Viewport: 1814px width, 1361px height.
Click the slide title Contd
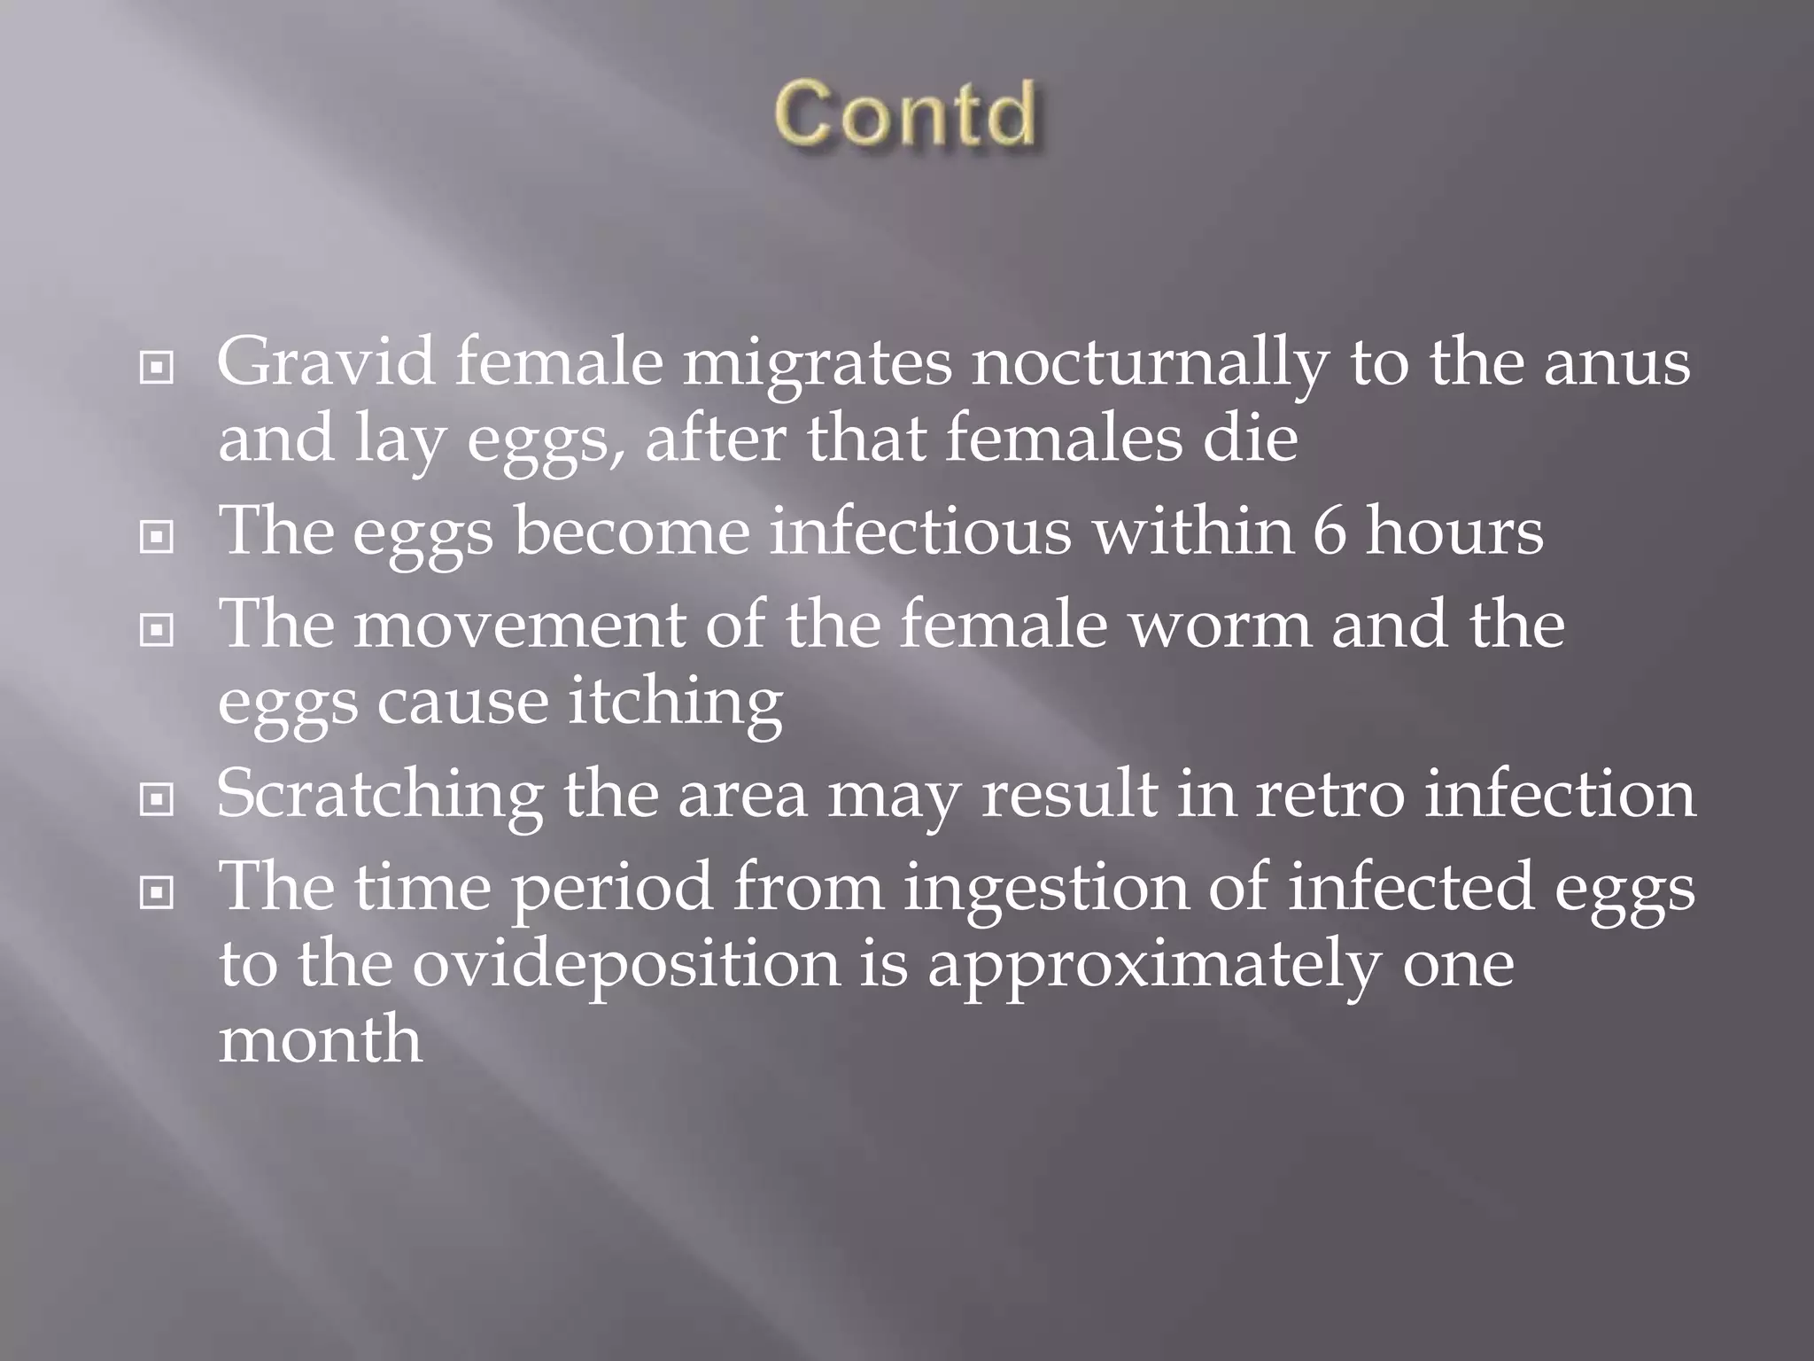[905, 113]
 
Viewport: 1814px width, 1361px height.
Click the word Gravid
[326, 363]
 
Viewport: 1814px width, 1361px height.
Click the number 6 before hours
[1328, 532]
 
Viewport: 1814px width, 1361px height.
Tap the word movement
[519, 625]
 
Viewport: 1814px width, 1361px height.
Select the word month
[320, 1039]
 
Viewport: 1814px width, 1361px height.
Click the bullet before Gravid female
[157, 369]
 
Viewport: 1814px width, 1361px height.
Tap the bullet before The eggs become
[157, 536]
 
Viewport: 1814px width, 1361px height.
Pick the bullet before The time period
[157, 893]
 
